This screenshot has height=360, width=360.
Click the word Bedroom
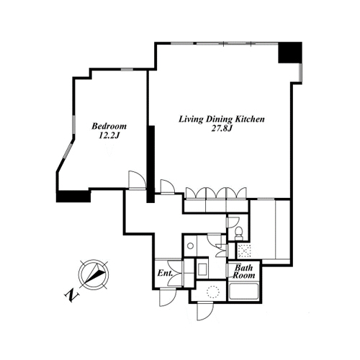tap(109, 126)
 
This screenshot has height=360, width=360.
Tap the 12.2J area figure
tap(109, 136)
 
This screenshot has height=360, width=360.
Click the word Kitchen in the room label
tap(249, 119)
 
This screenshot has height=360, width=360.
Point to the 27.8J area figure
tap(222, 129)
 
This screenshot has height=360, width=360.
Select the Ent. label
tap(165, 273)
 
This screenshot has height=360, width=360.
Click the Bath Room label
tap(244, 271)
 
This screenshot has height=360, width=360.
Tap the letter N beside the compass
tap(71, 295)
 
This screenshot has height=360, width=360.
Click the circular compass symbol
tap(94, 274)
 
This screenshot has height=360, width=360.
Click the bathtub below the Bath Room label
tap(243, 292)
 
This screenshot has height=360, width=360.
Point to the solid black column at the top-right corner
tap(289, 53)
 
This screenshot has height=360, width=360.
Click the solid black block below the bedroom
tap(73, 196)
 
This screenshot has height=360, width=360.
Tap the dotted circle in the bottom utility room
tap(213, 292)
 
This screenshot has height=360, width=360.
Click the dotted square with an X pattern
tap(244, 251)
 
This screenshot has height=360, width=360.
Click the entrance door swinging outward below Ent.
tap(168, 297)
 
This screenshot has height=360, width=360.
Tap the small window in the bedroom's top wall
tap(127, 70)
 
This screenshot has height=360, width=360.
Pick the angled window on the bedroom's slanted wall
tap(68, 150)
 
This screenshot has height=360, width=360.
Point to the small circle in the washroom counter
tap(191, 246)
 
